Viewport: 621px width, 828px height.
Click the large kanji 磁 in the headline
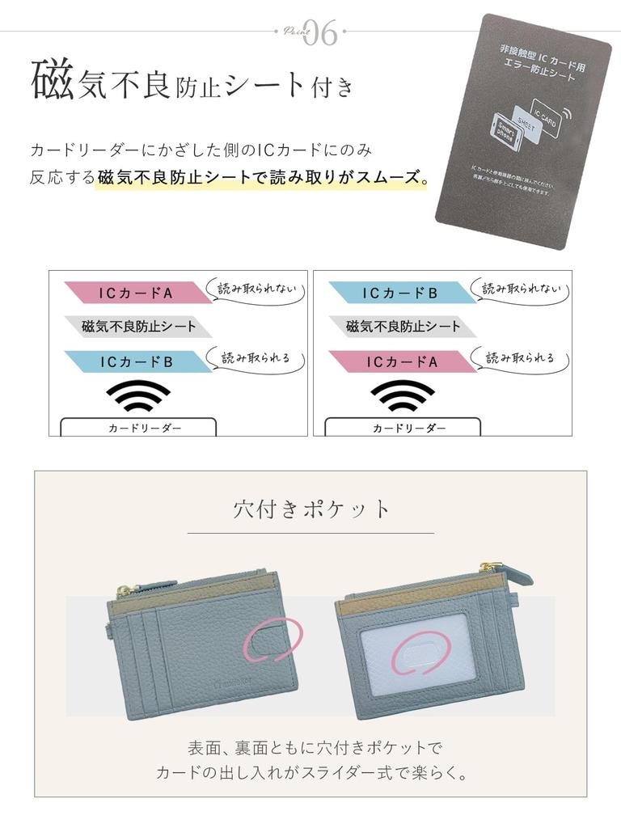(52, 82)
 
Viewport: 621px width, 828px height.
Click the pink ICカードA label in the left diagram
(136, 293)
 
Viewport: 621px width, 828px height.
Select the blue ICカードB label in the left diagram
(136, 362)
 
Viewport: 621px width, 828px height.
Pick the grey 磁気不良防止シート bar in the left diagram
(137, 327)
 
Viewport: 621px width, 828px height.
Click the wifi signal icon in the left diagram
(138, 396)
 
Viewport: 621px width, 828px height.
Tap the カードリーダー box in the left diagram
(138, 427)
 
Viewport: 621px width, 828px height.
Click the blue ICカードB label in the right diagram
(400, 293)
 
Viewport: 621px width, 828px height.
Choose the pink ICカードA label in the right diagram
(400, 362)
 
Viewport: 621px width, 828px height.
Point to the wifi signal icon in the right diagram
(403, 396)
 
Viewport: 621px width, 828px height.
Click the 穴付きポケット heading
(311, 509)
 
